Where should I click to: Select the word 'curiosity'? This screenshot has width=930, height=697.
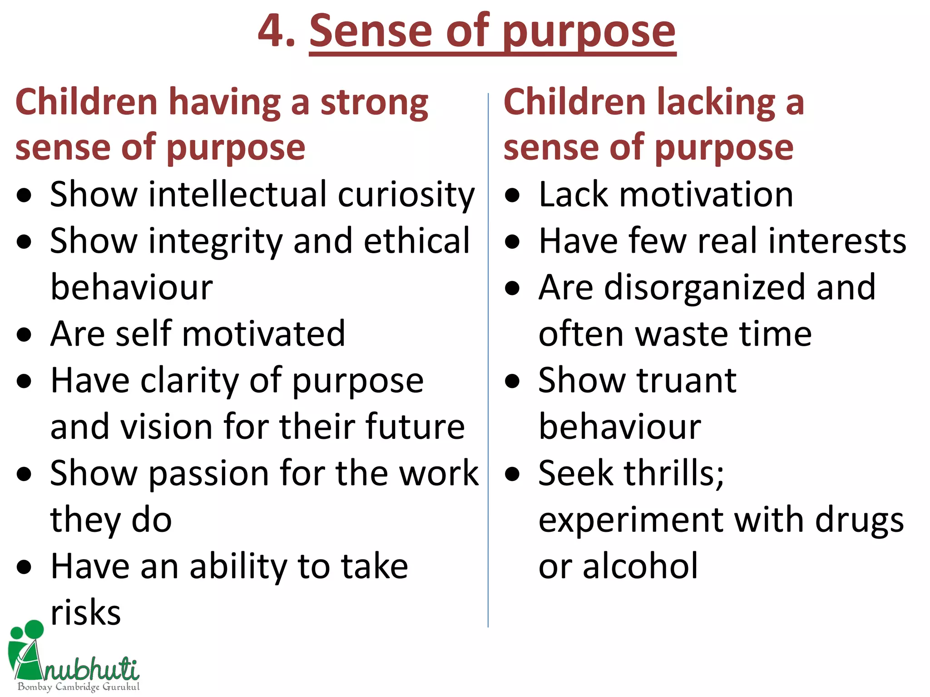[x=406, y=196]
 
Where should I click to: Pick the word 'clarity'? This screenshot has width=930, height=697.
[x=190, y=381]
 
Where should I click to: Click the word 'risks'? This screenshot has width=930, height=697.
[x=85, y=613]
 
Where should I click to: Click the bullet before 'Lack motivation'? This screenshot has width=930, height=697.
[x=512, y=196]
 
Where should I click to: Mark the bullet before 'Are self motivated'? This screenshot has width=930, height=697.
[x=24, y=335]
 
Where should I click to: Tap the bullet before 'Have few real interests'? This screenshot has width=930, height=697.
[x=512, y=242]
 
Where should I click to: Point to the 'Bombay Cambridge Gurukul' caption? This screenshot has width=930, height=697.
[x=79, y=687]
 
